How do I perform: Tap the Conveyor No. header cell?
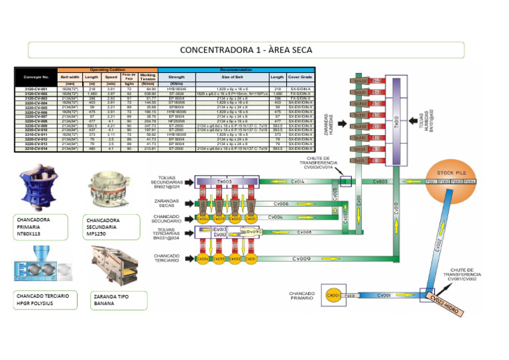[36, 76]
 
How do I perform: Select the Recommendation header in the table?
[235, 69]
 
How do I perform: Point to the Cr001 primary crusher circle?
[333, 295]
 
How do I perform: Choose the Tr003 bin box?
[225, 181]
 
